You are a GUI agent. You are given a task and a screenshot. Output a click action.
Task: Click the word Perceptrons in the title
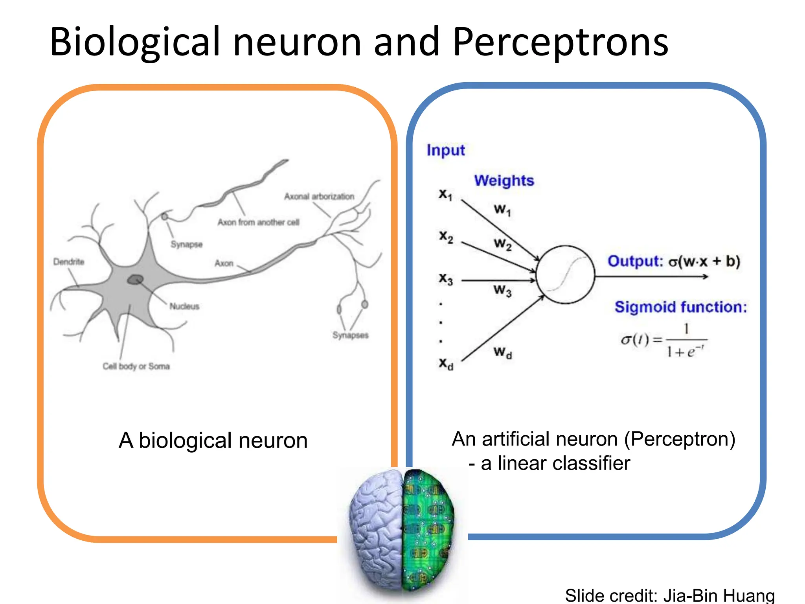pos(560,42)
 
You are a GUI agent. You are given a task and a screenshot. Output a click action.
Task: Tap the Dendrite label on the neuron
pos(69,262)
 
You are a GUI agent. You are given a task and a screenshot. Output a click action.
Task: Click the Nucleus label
pos(184,306)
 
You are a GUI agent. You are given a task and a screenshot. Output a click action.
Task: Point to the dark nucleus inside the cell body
pos(135,280)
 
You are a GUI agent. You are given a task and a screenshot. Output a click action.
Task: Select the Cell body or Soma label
pos(136,366)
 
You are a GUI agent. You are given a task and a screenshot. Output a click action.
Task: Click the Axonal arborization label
pos(319,196)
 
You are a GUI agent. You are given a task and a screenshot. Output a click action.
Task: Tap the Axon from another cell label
pos(258,223)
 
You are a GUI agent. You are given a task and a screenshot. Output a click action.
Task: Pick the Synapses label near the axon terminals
pos(350,335)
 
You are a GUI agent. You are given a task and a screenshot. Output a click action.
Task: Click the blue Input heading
pos(446,150)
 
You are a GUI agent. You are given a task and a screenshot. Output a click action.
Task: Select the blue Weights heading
pos(504,180)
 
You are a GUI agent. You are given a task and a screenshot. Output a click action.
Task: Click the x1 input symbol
pos(446,194)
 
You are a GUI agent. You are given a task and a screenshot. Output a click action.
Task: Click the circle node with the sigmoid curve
pos(565,275)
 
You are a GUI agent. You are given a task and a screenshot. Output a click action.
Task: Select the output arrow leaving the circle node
pos(652,277)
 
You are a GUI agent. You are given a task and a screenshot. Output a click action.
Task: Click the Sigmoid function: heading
pos(680,307)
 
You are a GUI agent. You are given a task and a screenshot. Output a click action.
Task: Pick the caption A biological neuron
pos(213,440)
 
